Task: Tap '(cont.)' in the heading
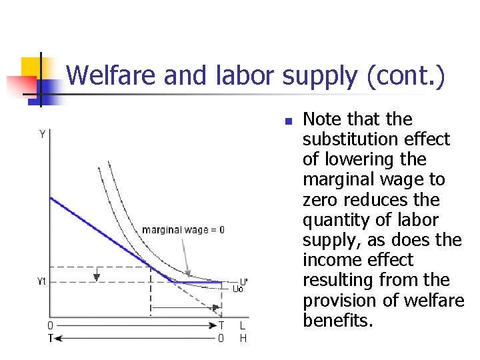(405, 75)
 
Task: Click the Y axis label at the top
(43, 134)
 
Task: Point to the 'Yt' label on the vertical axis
(41, 281)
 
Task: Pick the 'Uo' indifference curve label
(237, 289)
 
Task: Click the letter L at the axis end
(243, 325)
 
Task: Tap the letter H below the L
(243, 338)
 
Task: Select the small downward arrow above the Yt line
(97, 274)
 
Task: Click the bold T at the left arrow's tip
(50, 338)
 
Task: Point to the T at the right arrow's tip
(221, 325)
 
